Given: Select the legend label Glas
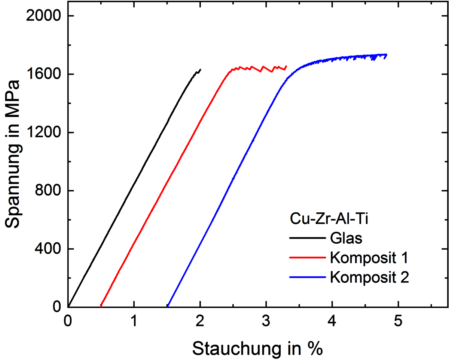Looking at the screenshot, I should coord(346,238).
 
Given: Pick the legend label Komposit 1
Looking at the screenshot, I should coord(369,258).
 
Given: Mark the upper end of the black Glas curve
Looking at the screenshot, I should coord(201,69).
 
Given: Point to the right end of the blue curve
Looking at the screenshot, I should coord(387,55).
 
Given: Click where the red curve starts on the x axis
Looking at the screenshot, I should coord(101,306).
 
